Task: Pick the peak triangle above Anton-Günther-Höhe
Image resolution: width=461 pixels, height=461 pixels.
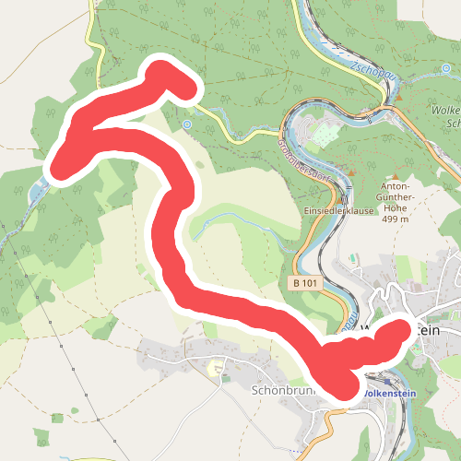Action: tap(395, 176)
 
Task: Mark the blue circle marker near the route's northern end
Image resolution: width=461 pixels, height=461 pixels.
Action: tap(187, 124)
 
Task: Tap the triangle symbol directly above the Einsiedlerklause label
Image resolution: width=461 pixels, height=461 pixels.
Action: tap(343, 197)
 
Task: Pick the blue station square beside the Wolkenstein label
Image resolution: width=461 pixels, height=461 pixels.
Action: tap(359, 392)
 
